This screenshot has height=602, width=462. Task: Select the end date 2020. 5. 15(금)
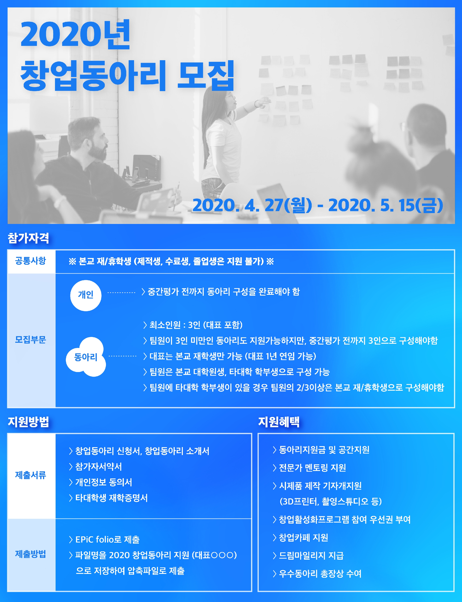click(x=386, y=205)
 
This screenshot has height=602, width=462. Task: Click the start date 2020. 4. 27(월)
click(x=252, y=205)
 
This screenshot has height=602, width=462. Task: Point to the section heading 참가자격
click(x=28, y=238)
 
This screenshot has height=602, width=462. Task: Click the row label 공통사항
click(x=31, y=261)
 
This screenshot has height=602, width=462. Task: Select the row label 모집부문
click(x=31, y=340)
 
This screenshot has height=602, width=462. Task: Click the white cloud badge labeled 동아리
click(x=86, y=357)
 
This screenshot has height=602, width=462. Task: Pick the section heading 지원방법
click(x=28, y=422)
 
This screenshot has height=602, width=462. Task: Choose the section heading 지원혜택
click(x=279, y=422)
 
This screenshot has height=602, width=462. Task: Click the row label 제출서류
click(x=31, y=475)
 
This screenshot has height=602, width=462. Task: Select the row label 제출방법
click(x=31, y=554)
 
